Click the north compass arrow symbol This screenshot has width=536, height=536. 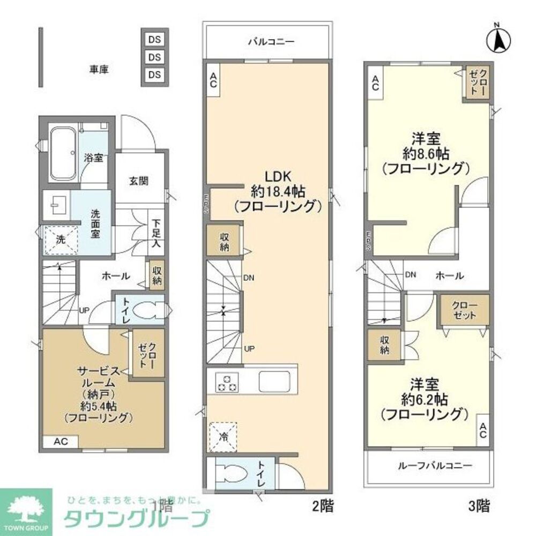(x=497, y=39)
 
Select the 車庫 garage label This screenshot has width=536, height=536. (x=99, y=69)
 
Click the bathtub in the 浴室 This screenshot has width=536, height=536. (x=63, y=153)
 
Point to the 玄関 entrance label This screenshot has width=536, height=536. (x=139, y=181)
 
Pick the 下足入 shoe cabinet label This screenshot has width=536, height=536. (x=155, y=233)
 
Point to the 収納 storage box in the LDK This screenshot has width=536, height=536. (x=223, y=242)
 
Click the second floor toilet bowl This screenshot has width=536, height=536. (x=233, y=473)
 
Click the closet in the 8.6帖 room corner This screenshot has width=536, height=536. (x=476, y=82)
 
